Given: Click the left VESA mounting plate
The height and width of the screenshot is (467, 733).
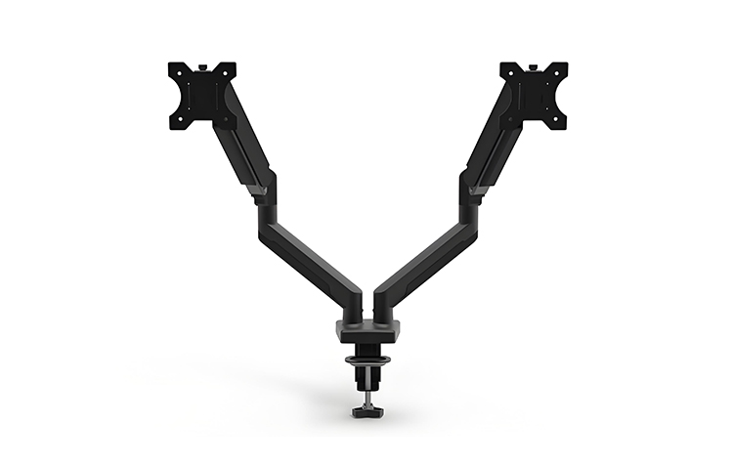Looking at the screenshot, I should (202, 95).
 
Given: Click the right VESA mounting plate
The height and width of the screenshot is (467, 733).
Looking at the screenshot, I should (534, 95).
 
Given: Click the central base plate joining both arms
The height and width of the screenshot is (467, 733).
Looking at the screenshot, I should (367, 329).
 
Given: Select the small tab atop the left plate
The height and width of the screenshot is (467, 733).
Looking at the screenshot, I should (203, 64).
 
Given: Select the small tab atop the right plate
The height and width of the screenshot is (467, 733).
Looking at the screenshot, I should (535, 64).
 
